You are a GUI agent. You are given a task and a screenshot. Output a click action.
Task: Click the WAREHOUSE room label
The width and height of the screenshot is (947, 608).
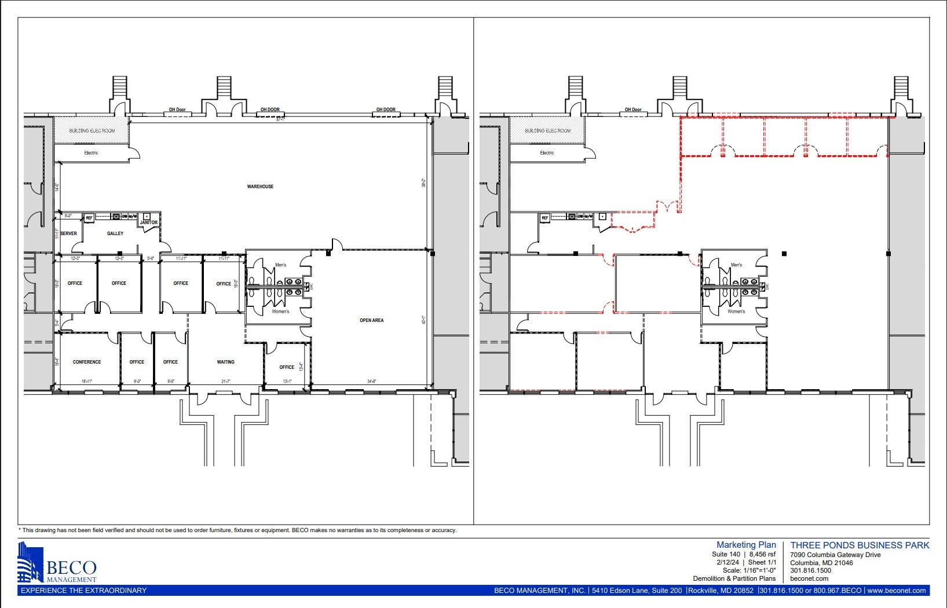[x=260, y=186]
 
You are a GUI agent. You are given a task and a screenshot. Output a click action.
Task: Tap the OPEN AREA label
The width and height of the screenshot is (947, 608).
[x=371, y=320]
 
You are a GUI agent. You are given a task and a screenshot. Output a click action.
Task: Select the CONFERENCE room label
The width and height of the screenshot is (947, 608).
[x=87, y=362]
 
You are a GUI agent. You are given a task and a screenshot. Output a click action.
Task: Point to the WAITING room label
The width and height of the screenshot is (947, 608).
[x=225, y=362]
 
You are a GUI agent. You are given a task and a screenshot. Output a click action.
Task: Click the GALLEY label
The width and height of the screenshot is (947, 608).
[x=115, y=233]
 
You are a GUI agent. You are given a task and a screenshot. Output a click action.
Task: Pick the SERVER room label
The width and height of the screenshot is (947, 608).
[x=68, y=233]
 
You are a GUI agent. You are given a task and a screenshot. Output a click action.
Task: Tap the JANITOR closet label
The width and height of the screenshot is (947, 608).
[x=148, y=222]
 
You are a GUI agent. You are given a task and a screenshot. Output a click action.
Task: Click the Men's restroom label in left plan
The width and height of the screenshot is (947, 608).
[x=280, y=265]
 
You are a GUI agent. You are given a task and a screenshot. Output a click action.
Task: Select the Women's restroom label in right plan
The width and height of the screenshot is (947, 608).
[x=736, y=312]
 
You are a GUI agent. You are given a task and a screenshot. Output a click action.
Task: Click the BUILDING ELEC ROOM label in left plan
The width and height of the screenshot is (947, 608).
[x=92, y=131]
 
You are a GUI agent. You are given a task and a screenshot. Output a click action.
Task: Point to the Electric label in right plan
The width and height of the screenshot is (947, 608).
[x=547, y=153]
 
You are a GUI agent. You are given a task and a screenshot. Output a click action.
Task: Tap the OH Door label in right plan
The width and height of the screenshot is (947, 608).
[x=633, y=109]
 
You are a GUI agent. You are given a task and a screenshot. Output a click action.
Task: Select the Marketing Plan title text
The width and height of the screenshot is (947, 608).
[x=746, y=545]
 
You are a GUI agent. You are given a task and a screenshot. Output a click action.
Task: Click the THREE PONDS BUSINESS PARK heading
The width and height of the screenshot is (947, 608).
[x=860, y=545]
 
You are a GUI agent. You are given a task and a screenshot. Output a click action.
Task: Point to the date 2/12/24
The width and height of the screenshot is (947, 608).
[x=727, y=562]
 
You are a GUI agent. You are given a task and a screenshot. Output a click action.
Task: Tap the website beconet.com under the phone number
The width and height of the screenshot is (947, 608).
[x=809, y=578]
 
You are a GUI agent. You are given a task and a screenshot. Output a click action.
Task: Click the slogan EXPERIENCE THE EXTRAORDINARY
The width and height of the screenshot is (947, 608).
[x=83, y=591]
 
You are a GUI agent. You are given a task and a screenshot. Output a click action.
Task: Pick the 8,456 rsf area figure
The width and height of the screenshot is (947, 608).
[x=762, y=554]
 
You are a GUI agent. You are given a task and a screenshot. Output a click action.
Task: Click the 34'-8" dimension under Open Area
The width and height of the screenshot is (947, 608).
[x=371, y=382]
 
